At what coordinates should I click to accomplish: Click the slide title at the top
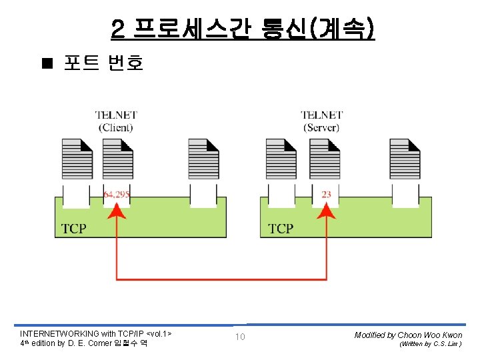pos(243,30)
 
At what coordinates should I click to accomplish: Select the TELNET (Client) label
pos(116,121)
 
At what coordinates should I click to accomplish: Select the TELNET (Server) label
pos(321,121)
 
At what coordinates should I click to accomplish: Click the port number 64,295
pos(117,195)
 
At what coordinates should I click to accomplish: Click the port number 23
pos(326,195)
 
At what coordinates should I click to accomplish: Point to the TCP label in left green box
pos(73,229)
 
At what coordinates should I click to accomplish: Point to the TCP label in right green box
pos(281,229)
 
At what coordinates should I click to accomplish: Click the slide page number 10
pos(240,337)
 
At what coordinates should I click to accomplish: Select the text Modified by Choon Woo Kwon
pos(408,335)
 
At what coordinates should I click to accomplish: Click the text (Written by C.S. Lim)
pos(430,345)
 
